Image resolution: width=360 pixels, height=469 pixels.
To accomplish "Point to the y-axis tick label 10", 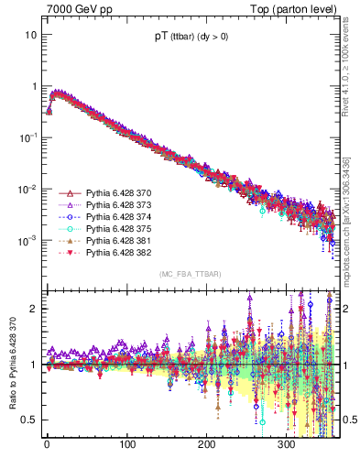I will tap(30, 35).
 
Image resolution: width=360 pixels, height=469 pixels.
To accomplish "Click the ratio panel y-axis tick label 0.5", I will tap(29, 420).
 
